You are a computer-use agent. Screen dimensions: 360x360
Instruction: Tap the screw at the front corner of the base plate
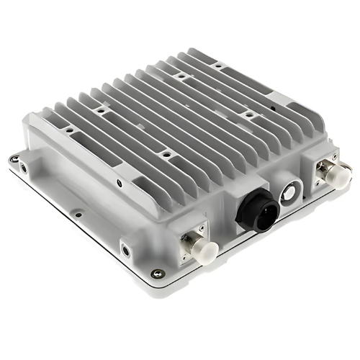tap(157, 273)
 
